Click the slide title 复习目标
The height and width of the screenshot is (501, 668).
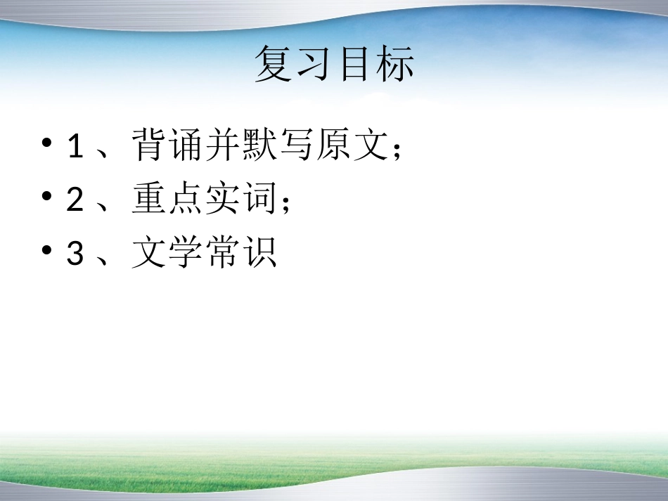coord(334,64)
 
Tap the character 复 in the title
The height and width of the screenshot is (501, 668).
coord(274,64)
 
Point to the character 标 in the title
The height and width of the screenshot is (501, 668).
coord(394,64)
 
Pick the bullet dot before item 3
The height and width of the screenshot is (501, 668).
coord(47,252)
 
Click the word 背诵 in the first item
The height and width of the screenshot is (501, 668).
coord(167,146)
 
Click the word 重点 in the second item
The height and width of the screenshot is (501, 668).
coord(167,200)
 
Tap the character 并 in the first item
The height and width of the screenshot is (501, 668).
coord(223,146)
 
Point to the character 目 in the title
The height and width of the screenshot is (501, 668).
coord(354,64)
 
